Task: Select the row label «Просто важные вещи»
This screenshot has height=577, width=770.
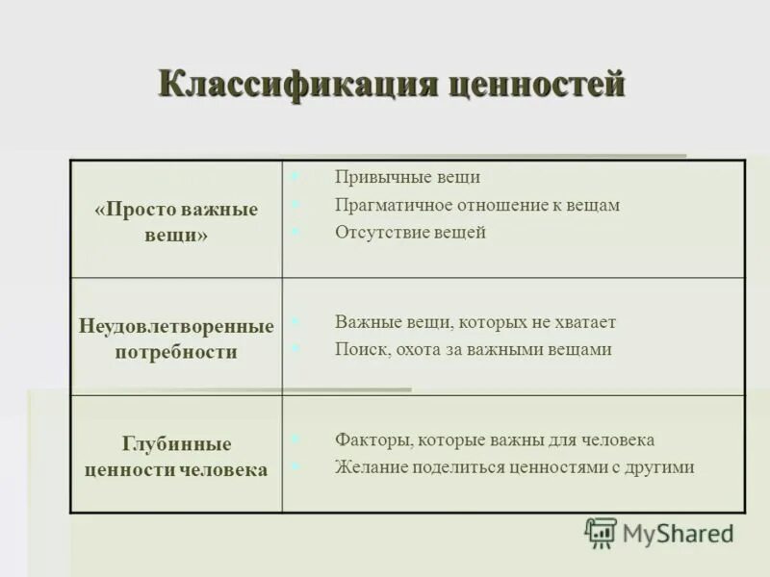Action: click(x=176, y=222)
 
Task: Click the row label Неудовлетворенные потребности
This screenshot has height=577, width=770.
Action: click(x=176, y=339)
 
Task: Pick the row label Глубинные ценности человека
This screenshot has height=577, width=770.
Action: click(x=176, y=457)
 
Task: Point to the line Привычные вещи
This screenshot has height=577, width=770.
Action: click(x=407, y=177)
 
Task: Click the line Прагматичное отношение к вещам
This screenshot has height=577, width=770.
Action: click(x=477, y=205)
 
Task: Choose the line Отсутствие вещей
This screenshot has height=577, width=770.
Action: click(x=410, y=232)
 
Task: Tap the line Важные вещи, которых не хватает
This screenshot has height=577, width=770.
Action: click(x=475, y=322)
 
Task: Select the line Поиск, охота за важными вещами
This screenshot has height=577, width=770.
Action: click(x=473, y=350)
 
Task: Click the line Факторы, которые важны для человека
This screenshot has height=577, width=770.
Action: click(x=495, y=439)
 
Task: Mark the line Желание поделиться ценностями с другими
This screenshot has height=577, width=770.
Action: click(x=514, y=467)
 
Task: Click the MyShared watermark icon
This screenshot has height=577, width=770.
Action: click(x=601, y=533)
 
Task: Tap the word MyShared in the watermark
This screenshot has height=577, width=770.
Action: click(x=678, y=533)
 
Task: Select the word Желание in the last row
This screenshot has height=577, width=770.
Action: click(x=372, y=467)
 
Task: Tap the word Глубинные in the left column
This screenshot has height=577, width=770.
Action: click(x=176, y=444)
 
